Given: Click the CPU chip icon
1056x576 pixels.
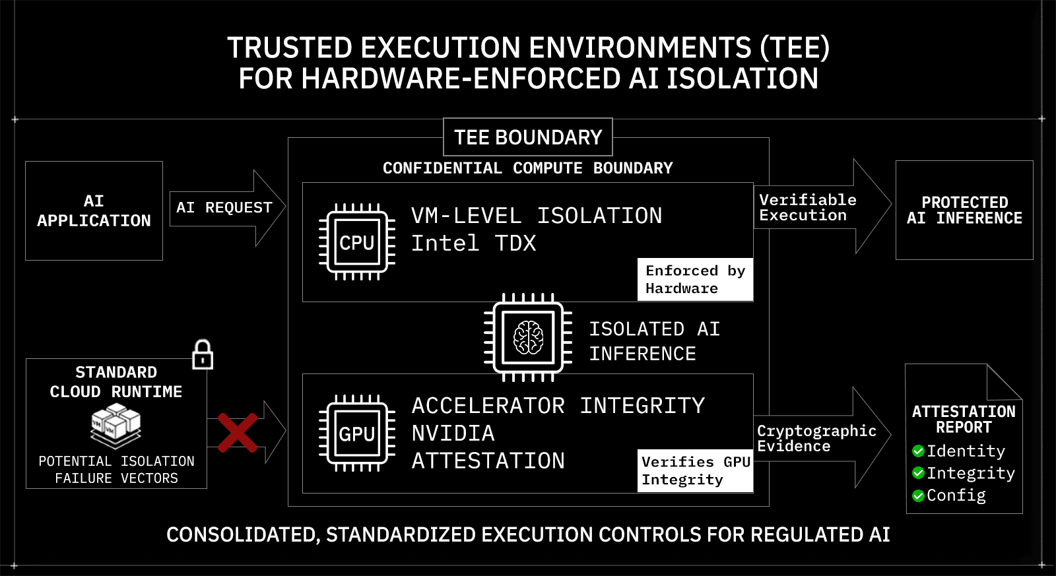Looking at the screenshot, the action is point(357,242).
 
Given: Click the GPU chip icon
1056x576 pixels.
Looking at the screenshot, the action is point(357,433).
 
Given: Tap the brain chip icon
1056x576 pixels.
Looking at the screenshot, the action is point(528,338).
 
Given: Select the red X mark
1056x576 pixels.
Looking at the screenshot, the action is point(238,433).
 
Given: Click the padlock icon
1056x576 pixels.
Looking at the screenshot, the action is point(202,355).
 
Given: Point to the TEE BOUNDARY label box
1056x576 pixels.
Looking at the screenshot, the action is point(528,137).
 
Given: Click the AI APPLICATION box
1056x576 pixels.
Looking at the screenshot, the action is point(94,210).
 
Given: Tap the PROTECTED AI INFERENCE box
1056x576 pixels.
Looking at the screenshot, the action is point(964,210).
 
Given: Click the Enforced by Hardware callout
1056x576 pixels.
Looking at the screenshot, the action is point(695,280).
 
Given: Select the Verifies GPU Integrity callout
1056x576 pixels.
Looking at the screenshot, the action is point(696,470).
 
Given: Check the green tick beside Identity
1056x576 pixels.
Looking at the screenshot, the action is point(918,451).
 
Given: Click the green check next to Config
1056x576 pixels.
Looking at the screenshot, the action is point(918,496).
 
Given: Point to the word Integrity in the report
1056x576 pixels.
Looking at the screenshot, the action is point(970,473).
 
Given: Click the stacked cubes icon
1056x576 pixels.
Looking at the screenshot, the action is point(116,425).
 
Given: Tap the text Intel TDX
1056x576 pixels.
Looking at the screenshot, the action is point(473,243).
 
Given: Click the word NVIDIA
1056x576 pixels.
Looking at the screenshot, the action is point(453,433).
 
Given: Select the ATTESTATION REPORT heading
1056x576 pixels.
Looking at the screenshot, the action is point(964,420).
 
